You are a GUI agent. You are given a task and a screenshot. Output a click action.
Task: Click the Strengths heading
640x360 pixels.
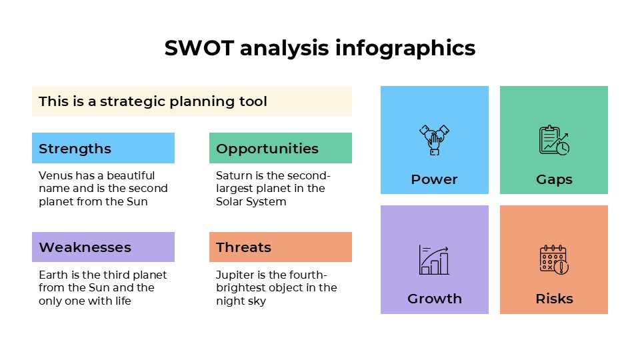tap(75, 149)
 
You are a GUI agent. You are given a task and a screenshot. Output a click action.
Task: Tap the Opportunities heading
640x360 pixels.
tap(267, 149)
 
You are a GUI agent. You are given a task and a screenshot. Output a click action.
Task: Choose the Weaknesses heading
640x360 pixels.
tap(85, 247)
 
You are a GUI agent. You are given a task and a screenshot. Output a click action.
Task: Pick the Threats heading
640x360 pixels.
tap(243, 247)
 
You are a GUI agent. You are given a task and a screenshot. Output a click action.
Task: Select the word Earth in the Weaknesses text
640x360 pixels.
tap(53, 275)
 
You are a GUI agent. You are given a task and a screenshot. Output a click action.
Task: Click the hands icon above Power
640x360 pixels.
tap(434, 140)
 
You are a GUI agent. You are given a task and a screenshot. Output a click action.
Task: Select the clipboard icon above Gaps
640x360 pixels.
tap(553, 140)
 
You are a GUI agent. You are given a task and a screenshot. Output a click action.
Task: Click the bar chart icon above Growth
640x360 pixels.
tap(434, 259)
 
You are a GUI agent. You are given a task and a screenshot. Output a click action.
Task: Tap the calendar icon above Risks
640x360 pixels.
tap(553, 259)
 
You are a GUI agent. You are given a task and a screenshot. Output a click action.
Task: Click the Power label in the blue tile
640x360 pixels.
tap(434, 179)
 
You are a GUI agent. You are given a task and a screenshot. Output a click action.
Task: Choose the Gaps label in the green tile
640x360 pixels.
tap(554, 179)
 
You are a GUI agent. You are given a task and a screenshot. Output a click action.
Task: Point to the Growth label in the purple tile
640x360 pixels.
tap(435, 299)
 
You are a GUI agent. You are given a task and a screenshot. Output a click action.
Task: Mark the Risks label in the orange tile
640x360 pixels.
tap(554, 299)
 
